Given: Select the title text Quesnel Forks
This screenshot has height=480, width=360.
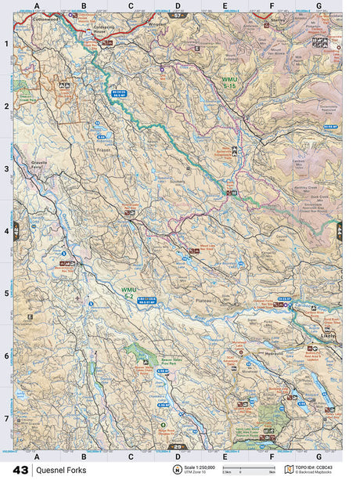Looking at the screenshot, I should (x=66, y=469).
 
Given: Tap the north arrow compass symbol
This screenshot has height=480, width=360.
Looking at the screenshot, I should (x=178, y=468).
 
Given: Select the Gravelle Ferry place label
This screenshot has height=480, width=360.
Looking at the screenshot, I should (x=39, y=167).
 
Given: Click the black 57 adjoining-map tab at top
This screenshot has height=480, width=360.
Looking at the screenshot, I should (x=179, y=14).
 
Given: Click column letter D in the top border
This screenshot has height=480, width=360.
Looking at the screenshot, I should (x=178, y=5).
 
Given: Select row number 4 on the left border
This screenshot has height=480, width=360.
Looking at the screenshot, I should (x=5, y=231).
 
